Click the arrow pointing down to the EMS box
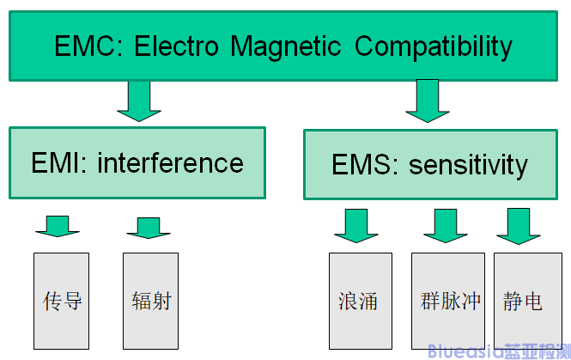(x=428, y=100)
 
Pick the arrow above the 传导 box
(x=58, y=224)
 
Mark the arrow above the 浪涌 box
(x=356, y=225)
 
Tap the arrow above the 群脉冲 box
(x=446, y=225)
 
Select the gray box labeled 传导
(x=61, y=300)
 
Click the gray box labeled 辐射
(x=150, y=300)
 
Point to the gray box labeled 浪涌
(x=360, y=300)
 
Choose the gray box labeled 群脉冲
(x=449, y=300)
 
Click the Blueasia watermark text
(x=498, y=349)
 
